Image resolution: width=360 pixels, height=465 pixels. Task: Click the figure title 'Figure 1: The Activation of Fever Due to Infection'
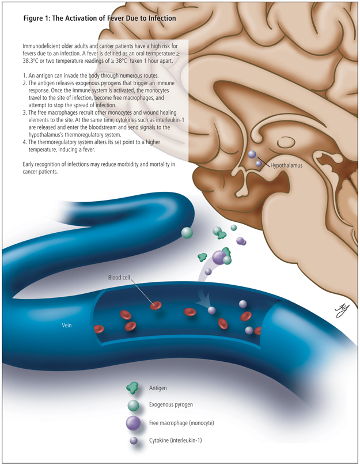(x=99, y=18)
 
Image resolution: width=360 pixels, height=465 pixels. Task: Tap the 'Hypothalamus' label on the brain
(x=286, y=165)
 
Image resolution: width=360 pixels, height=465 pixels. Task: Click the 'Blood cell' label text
(x=122, y=278)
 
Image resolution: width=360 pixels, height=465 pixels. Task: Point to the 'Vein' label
(x=67, y=325)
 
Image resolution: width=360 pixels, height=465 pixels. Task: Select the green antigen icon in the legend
(x=134, y=389)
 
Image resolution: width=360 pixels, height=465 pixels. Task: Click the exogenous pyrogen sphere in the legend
(x=134, y=406)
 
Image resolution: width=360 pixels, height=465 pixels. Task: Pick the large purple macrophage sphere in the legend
(x=134, y=424)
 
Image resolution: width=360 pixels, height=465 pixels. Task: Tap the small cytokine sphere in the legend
(x=134, y=441)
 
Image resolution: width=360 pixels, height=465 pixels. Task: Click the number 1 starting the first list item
(x=24, y=76)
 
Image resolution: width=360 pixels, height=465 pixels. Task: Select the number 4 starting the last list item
(x=24, y=141)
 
